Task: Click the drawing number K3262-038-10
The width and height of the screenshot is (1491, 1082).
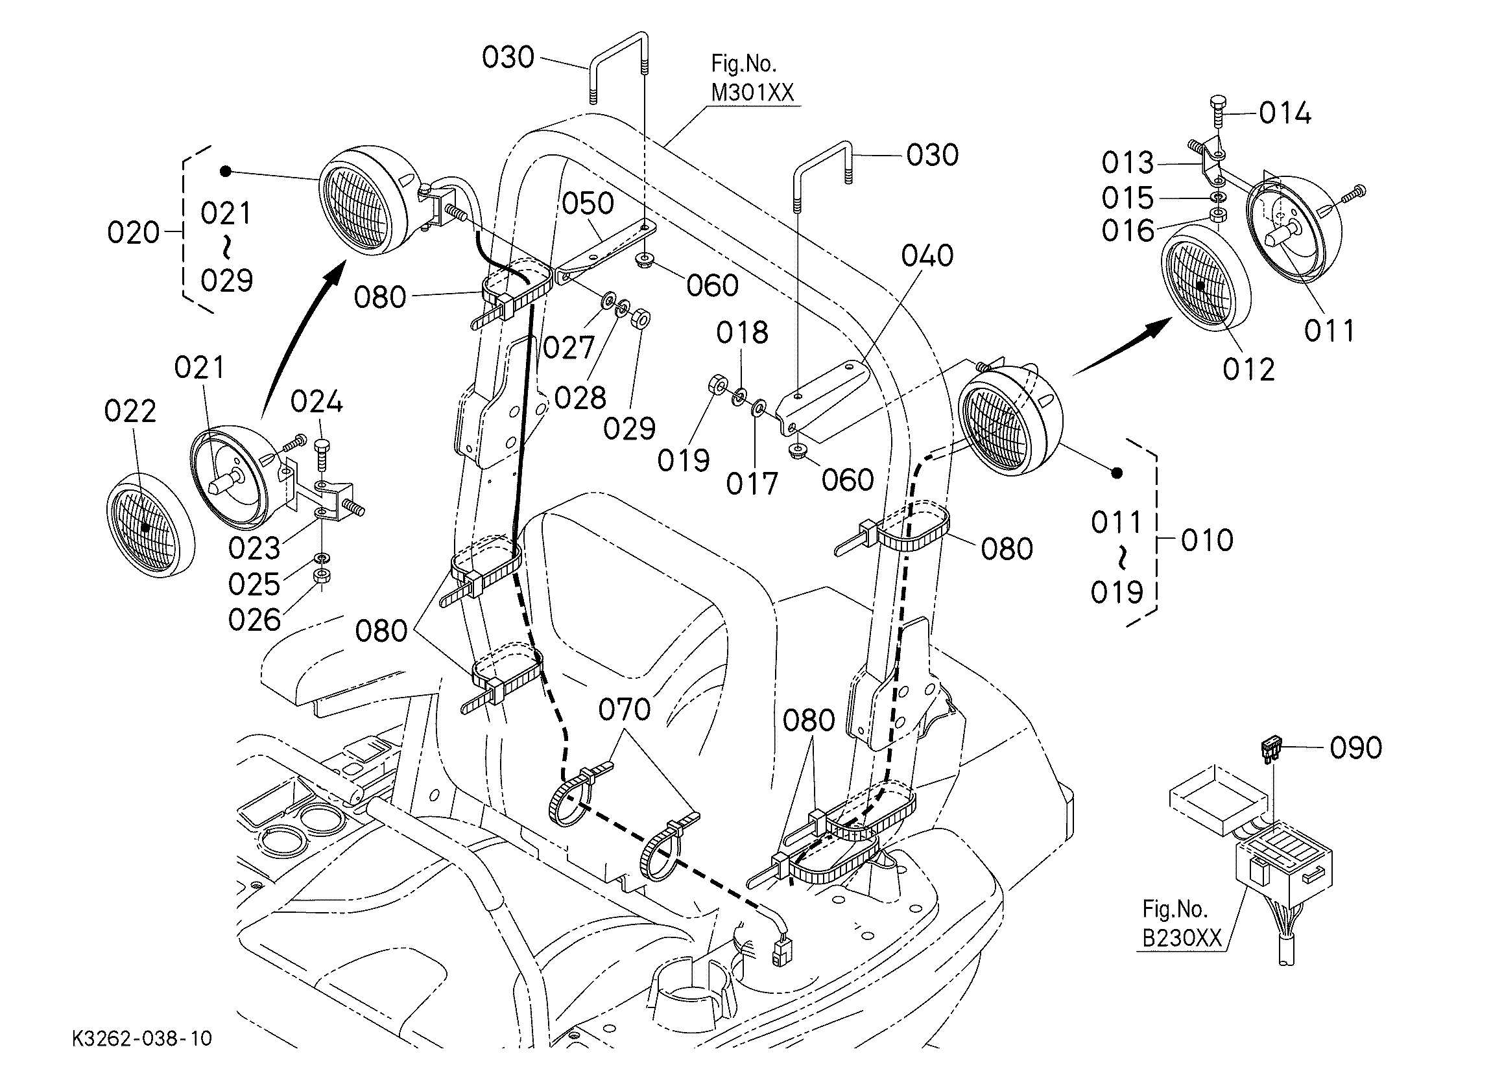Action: (142, 1038)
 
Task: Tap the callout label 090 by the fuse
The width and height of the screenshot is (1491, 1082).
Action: (1355, 747)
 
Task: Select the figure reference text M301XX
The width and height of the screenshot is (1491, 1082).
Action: (752, 93)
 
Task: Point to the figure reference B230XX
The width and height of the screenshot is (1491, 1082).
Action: (1182, 939)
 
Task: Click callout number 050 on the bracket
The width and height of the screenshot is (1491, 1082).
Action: (588, 204)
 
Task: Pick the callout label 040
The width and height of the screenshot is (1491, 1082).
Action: (927, 255)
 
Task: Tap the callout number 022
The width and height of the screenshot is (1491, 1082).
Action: (130, 412)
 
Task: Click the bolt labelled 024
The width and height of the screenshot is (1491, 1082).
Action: (322, 455)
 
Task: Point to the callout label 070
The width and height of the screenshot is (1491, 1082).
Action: (625, 709)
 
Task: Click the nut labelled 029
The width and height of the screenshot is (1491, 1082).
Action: (640, 320)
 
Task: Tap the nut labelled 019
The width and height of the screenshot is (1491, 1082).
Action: (717, 384)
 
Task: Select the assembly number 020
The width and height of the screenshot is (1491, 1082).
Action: (134, 233)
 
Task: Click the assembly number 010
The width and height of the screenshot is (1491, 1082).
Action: (1207, 540)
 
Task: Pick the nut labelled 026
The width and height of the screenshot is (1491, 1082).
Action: (322, 576)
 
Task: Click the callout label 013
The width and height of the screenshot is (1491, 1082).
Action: (1128, 162)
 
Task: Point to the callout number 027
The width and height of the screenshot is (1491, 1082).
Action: (569, 347)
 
